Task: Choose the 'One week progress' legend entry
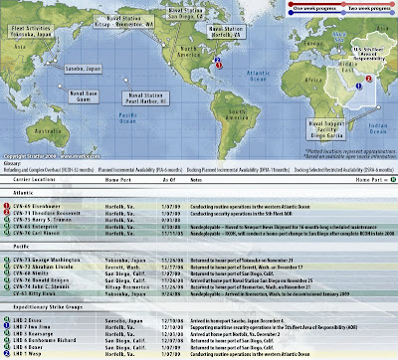click(284, 4)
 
